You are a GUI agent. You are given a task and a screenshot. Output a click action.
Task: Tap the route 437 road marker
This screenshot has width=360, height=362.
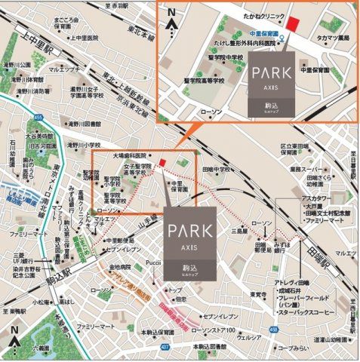165,326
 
